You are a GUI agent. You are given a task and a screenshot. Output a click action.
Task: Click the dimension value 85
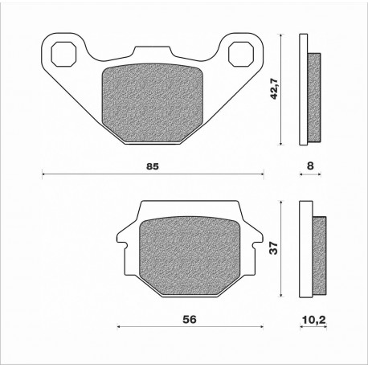[x=153, y=166]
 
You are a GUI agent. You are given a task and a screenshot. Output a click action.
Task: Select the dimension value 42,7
[x=275, y=89]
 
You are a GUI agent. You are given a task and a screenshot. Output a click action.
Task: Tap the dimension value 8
[x=310, y=166]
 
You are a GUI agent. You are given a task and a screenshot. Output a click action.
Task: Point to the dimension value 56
[x=190, y=319]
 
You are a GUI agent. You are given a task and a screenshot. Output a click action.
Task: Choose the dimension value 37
[x=274, y=248]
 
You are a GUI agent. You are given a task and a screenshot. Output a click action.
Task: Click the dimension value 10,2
[x=313, y=320]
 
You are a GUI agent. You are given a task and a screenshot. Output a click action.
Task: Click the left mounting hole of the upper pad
[x=63, y=54]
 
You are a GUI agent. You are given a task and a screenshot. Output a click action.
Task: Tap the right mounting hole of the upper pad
[x=241, y=54]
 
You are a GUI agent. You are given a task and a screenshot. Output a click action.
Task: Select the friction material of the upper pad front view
[x=153, y=104]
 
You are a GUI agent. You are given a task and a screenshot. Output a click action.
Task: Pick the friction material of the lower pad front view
[x=190, y=256]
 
